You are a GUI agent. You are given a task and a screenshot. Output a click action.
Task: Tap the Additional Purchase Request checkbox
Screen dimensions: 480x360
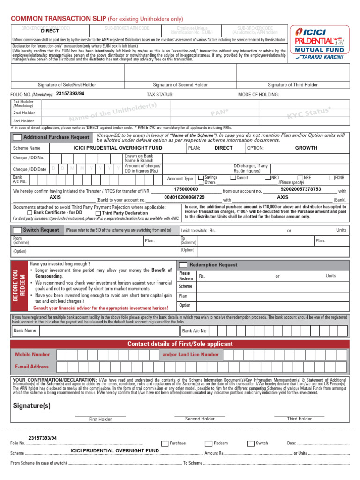(17, 137)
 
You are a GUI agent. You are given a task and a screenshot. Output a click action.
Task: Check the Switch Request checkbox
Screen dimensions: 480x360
(17, 230)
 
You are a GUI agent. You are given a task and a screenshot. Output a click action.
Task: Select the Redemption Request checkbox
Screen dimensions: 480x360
(183, 265)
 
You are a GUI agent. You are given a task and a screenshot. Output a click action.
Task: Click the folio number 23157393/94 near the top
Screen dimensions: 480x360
(70, 93)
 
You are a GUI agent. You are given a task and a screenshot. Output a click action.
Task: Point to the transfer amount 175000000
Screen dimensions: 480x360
(186, 189)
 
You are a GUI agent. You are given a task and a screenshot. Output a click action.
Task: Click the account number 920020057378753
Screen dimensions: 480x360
(300, 189)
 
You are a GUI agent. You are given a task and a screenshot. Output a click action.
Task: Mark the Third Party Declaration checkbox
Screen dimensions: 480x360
(98, 213)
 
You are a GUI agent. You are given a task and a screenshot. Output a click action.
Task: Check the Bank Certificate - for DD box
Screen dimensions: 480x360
(30, 213)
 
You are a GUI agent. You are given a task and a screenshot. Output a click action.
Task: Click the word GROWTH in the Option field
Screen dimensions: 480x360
(306, 148)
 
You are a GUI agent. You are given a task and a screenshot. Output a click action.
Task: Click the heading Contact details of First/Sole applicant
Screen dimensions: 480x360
(180, 344)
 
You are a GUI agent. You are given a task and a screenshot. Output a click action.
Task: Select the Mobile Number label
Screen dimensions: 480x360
(32, 355)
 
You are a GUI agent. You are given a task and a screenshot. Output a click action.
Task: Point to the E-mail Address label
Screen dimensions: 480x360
(32, 367)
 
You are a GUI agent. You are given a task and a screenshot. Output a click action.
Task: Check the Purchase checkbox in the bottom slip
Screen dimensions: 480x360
(165, 443)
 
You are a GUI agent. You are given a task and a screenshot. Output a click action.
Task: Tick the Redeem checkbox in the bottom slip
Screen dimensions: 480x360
(208, 443)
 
